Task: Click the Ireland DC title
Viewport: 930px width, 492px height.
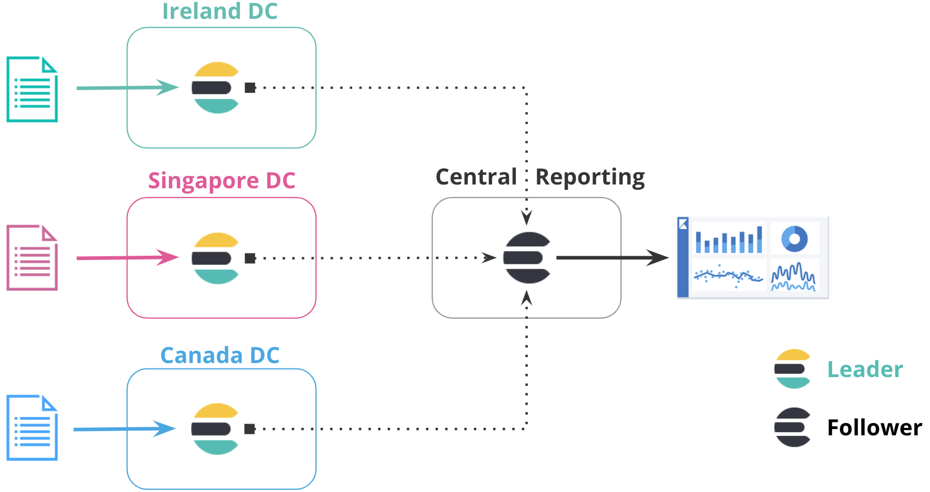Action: pos(220,11)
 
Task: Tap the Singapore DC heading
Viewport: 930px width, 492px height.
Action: pos(221,181)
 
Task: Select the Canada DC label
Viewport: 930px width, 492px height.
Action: pos(220,356)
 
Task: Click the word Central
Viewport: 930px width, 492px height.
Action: pos(476,177)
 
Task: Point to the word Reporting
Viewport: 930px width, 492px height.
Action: pos(590,177)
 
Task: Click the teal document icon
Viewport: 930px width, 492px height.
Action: pos(32,90)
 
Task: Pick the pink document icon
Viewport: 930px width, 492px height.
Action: pos(32,258)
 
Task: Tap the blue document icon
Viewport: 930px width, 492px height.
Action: pos(32,428)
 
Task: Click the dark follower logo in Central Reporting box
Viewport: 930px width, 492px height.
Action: pos(527,258)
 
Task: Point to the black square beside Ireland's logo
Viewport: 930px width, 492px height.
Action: pos(250,87)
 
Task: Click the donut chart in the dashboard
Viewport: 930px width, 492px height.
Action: pos(794,238)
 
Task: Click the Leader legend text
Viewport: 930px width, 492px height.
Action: pos(865,370)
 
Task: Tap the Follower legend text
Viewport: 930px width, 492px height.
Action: pos(874,428)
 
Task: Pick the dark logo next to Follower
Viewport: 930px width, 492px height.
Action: pos(792,427)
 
